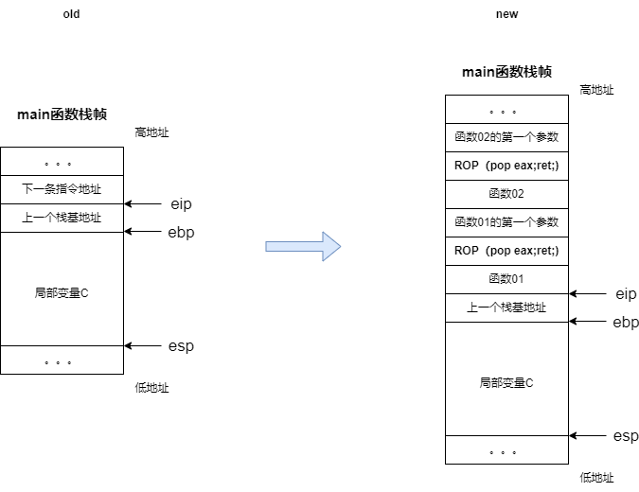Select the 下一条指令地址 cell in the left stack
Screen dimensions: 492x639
pyautogui.click(x=62, y=189)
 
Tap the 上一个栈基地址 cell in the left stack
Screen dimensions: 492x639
pyautogui.click(x=62, y=218)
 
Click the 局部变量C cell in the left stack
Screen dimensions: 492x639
pyautogui.click(x=62, y=293)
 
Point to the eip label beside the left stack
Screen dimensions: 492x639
pyautogui.click(x=181, y=204)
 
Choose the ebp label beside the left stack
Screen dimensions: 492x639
pyautogui.click(x=181, y=233)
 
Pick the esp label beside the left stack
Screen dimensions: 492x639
pyautogui.click(x=181, y=346)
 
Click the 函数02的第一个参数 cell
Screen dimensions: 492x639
pyautogui.click(x=506, y=137)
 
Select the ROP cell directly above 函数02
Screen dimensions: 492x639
pyautogui.click(x=506, y=166)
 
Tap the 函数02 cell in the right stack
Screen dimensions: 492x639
pyautogui.click(x=506, y=194)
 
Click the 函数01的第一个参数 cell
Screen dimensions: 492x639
pyautogui.click(x=506, y=222)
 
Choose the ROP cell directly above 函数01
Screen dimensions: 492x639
pyautogui.click(x=506, y=251)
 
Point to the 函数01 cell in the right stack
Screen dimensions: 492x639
pyautogui.click(x=506, y=279)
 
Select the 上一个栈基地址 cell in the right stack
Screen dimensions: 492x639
pyautogui.click(x=506, y=307)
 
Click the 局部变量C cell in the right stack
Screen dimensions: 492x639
pyautogui.click(x=506, y=383)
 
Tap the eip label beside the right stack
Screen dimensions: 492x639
pyautogui.click(x=626, y=294)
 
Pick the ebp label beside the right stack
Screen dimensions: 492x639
pyautogui.click(x=626, y=323)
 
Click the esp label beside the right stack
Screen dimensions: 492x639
pyautogui.click(x=626, y=436)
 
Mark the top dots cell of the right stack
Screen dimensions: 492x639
pyautogui.click(x=506, y=110)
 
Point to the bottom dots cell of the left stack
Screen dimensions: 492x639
pyautogui.click(x=62, y=360)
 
